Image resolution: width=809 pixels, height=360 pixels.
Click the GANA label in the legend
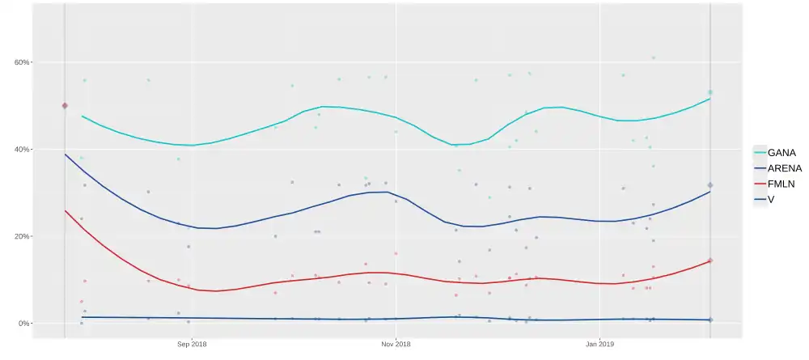(781, 152)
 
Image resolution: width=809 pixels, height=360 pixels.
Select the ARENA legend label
(785, 168)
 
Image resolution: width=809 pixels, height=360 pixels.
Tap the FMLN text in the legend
(782, 184)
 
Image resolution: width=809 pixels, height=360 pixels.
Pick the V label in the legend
(771, 201)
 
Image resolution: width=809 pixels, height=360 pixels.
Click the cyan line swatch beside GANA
(759, 152)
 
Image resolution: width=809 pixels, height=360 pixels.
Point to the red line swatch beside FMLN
(759, 184)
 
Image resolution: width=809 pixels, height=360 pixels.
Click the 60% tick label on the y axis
(20, 62)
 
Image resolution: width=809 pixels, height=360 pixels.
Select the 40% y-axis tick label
(20, 150)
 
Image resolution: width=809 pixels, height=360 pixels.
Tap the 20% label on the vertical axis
(20, 236)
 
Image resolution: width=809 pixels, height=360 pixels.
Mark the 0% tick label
(22, 324)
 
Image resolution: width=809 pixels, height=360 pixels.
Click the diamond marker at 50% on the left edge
(65, 106)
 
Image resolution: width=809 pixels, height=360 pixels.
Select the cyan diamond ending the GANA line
(710, 93)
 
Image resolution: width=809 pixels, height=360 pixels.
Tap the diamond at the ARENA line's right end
(710, 186)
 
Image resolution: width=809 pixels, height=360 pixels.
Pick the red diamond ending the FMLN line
(710, 260)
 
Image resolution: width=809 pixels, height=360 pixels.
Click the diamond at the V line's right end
(710, 320)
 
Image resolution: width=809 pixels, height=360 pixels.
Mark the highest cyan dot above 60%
(654, 58)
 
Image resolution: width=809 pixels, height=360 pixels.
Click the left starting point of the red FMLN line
(65, 210)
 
